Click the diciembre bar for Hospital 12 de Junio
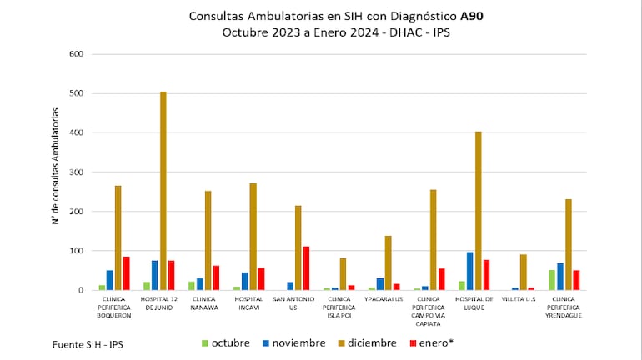(163, 191)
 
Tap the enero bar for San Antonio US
(306, 268)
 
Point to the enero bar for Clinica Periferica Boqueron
(126, 273)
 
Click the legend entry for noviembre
(292, 342)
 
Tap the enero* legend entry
(431, 342)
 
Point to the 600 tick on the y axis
(77, 54)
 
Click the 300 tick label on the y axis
(77, 172)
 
